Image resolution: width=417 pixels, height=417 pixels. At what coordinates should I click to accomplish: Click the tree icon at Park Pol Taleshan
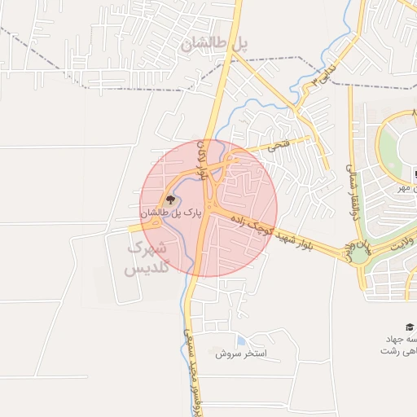coord(170,200)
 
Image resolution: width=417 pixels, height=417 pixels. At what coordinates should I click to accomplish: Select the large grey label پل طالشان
coord(216,44)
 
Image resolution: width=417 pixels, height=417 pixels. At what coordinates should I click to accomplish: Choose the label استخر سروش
coord(242,354)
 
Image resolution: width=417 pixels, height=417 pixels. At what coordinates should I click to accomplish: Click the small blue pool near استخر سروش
coord(239,340)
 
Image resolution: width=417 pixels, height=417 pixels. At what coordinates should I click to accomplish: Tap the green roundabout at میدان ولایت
coord(359,254)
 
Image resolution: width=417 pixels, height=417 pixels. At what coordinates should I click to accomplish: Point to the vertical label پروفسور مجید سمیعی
coord(192,367)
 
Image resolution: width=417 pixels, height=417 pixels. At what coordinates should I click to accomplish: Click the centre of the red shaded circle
coord(208,208)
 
